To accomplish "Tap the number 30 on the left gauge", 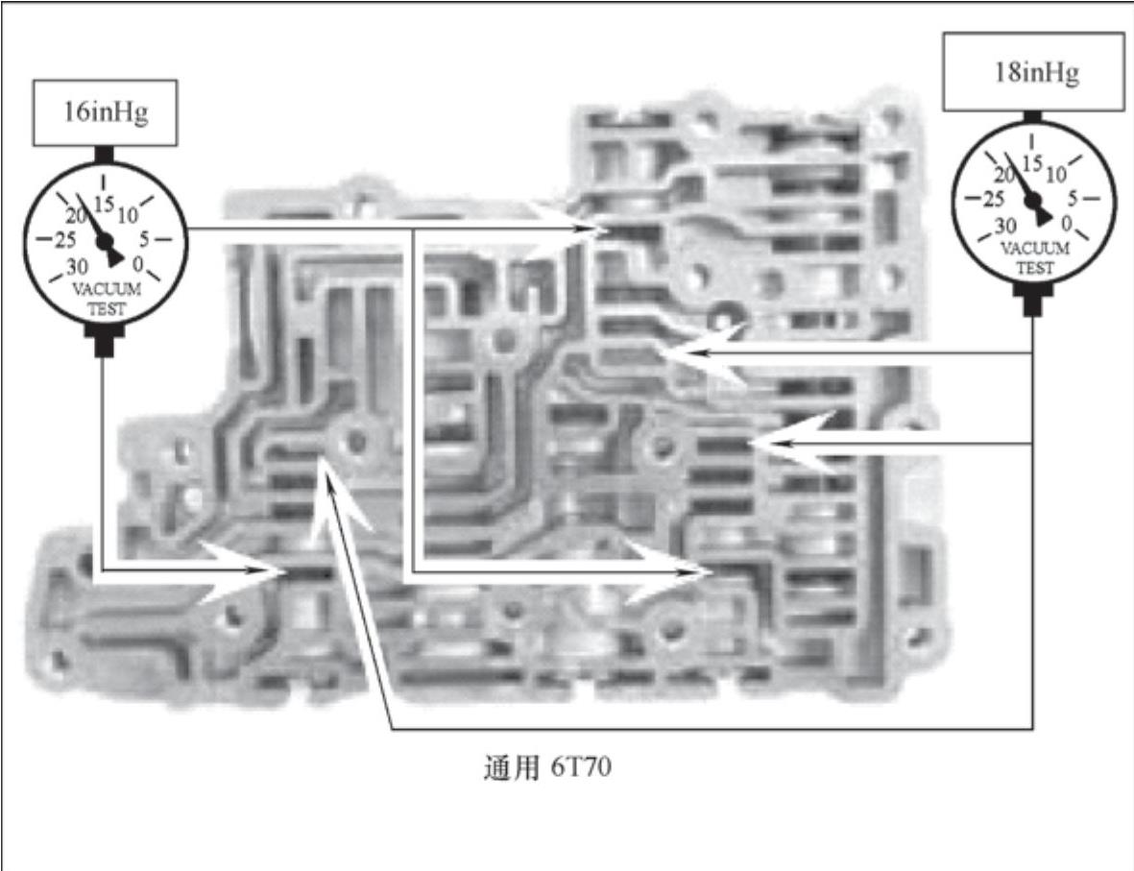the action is point(78,266).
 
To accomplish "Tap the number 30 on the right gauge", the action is point(1004,227).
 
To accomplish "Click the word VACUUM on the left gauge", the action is point(108,288).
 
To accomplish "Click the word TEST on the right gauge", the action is point(1035,268).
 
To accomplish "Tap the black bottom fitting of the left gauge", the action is point(105,337).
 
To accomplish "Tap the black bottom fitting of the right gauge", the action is point(1033,302).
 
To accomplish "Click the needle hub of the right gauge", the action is point(1034,202).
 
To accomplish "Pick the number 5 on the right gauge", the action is point(1076,199).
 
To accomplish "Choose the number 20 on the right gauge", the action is point(1006,175).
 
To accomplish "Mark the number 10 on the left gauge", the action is point(128,213).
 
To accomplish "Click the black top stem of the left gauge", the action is point(105,155).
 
